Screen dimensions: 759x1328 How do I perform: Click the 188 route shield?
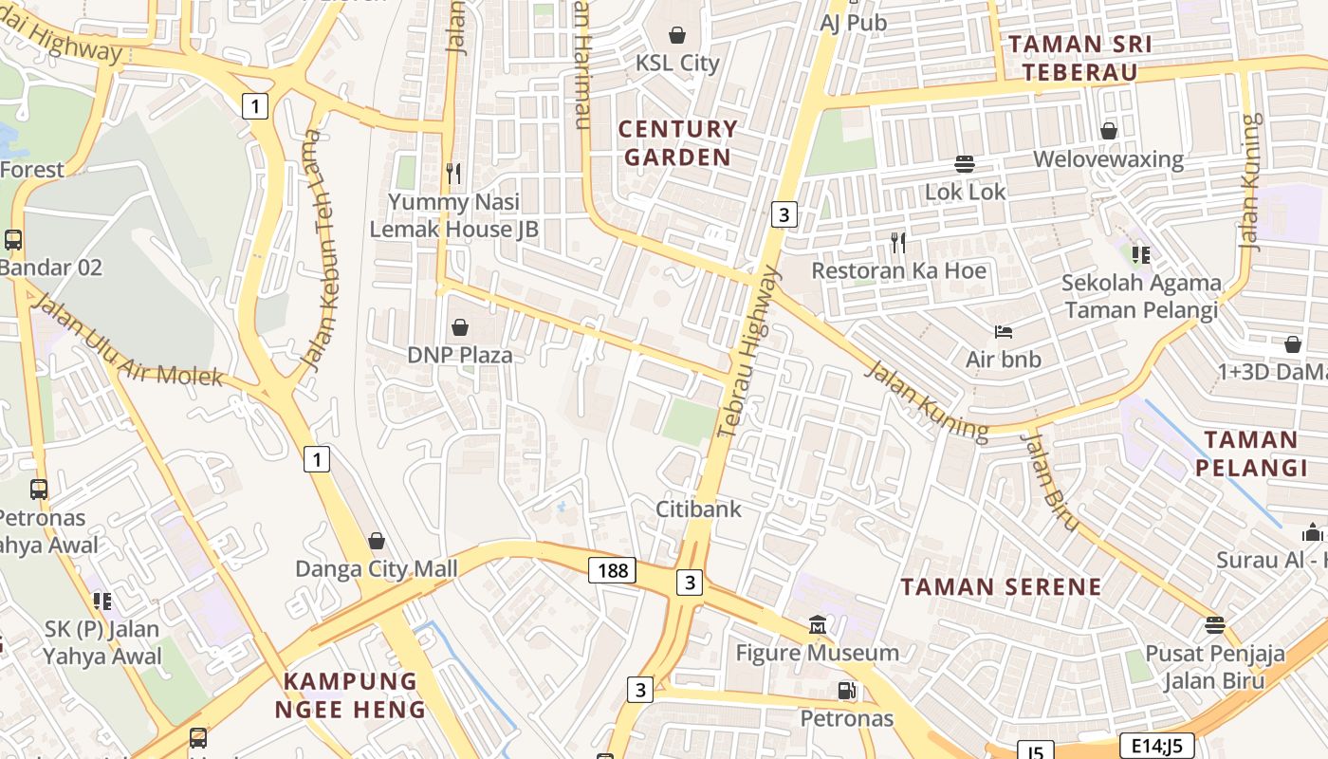(x=613, y=570)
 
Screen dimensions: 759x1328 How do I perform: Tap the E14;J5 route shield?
(x=1155, y=746)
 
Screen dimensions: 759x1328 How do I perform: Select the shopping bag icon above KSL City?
(x=677, y=36)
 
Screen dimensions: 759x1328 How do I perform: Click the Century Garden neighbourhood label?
(x=677, y=143)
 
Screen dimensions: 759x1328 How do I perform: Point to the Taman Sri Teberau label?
(x=1080, y=58)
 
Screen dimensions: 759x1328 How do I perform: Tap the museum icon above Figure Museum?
(x=818, y=625)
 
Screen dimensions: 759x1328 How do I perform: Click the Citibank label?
(x=699, y=509)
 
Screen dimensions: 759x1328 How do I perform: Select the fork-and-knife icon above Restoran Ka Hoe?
(x=898, y=243)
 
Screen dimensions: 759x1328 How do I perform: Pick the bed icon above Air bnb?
(x=1004, y=332)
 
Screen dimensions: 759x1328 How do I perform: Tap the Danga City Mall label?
(x=377, y=569)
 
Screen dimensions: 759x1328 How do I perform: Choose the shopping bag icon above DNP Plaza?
(x=460, y=328)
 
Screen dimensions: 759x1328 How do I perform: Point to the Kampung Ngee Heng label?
(x=351, y=694)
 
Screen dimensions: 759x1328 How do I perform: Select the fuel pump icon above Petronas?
(x=846, y=692)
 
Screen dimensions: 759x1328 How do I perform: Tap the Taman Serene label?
(x=1001, y=586)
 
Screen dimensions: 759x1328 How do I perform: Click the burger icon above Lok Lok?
(x=965, y=164)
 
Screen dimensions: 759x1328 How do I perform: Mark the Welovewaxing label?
(x=1108, y=158)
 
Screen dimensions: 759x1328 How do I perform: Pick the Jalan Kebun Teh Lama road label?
(x=325, y=263)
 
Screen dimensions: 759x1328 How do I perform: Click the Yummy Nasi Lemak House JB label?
(x=454, y=215)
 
